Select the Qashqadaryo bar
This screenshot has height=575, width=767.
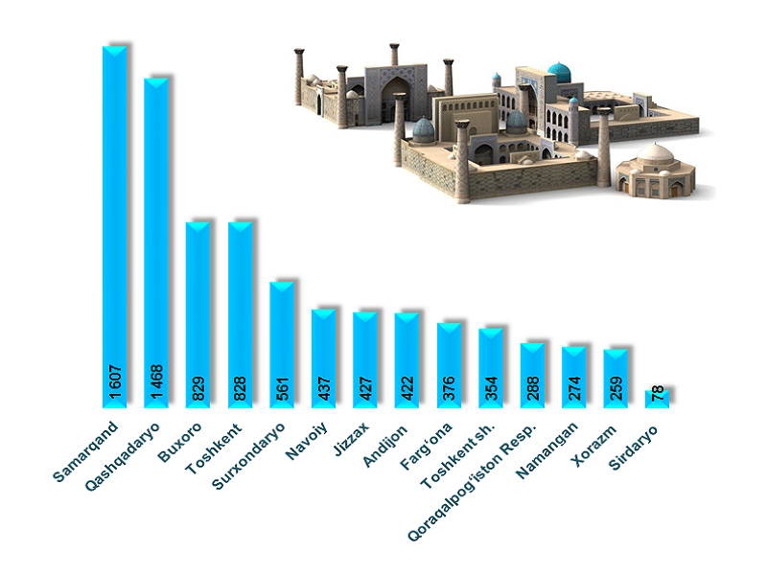point(157,240)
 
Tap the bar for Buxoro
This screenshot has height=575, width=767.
point(198,307)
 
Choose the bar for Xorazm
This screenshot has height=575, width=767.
point(616,374)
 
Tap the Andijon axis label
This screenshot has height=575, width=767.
point(388,443)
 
